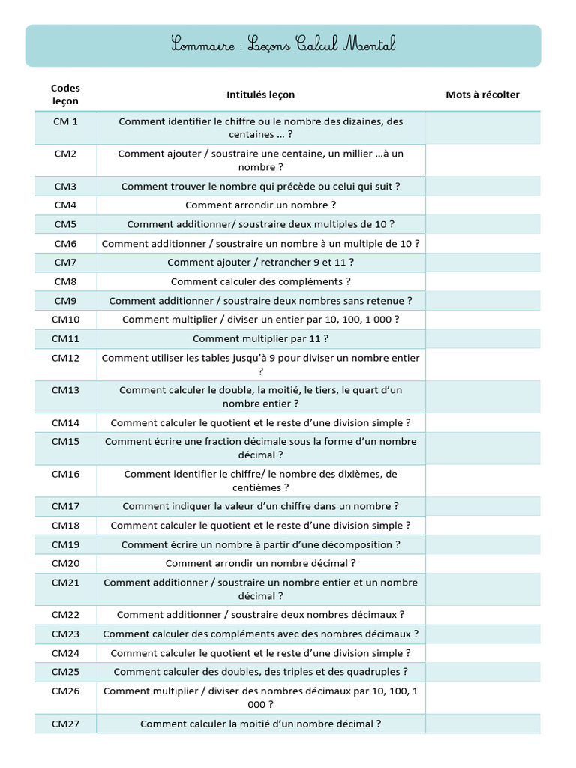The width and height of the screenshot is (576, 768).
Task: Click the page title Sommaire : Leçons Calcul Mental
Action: [283, 45]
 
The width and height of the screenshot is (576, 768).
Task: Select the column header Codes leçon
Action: [65, 94]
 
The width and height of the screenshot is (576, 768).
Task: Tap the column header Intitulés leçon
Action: [260, 94]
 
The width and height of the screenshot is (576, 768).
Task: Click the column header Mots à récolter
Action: [482, 94]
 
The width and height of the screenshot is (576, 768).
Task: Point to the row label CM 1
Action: [65, 121]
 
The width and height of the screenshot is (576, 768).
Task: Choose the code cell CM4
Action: [65, 205]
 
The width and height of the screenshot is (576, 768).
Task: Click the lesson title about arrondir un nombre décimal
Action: [260, 563]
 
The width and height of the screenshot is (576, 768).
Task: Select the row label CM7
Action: [65, 262]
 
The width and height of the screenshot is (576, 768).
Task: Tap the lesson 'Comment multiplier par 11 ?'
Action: [260, 339]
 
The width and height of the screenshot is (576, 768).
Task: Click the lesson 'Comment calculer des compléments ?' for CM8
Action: [260, 282]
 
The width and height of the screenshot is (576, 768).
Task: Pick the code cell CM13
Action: [65, 390]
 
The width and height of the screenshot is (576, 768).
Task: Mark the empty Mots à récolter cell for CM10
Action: [482, 319]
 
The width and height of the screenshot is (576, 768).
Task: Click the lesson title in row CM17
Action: [260, 506]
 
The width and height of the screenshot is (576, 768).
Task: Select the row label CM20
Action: [65, 563]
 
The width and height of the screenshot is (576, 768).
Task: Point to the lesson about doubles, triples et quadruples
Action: [260, 672]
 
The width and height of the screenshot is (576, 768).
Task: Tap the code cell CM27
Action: [65, 724]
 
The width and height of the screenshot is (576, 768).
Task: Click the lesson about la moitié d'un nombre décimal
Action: [260, 724]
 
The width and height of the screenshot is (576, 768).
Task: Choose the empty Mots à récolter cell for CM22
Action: [482, 615]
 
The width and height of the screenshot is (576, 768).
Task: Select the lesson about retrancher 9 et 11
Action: [260, 262]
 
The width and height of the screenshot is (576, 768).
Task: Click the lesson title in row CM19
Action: [260, 544]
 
